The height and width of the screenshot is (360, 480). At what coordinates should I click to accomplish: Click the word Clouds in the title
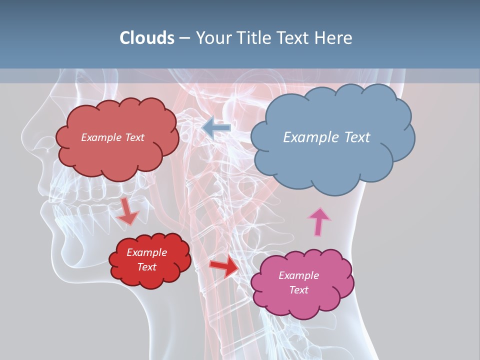(147, 37)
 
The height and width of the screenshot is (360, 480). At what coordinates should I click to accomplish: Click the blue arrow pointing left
(216, 127)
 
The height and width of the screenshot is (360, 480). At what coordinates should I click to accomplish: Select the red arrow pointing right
(224, 266)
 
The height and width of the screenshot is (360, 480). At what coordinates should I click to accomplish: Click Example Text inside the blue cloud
(326, 137)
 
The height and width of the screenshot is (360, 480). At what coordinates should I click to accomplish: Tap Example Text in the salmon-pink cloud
(112, 137)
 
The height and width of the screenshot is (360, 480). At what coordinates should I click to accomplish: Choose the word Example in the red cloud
(146, 252)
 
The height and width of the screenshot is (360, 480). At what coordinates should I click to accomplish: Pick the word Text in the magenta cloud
(298, 290)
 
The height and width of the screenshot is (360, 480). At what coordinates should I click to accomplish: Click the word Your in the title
(211, 37)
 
